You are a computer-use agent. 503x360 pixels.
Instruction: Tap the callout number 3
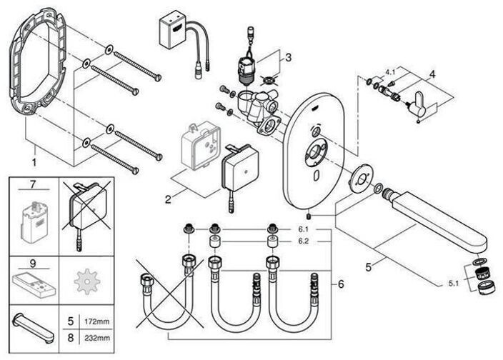[x=288, y=57]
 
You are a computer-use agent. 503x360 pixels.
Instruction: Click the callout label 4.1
[x=389, y=73]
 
